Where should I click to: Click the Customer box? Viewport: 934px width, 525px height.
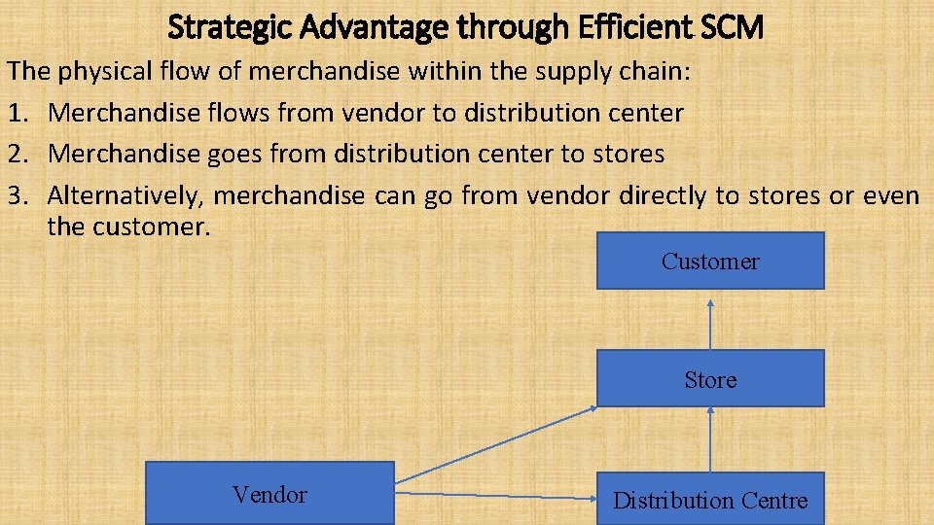click(x=710, y=261)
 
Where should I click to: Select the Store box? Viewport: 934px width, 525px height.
click(x=710, y=378)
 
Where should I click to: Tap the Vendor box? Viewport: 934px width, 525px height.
click(x=269, y=494)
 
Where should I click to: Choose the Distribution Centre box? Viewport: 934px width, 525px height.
click(x=710, y=500)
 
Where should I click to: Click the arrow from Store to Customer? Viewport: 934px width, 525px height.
click(x=710, y=323)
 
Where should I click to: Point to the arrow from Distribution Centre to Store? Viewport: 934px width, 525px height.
click(x=710, y=439)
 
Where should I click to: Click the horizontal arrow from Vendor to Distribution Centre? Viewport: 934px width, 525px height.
click(x=496, y=497)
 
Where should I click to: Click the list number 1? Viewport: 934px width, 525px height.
click(x=15, y=113)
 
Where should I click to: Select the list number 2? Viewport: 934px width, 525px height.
click(x=15, y=154)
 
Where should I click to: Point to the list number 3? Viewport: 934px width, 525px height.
click(x=15, y=195)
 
